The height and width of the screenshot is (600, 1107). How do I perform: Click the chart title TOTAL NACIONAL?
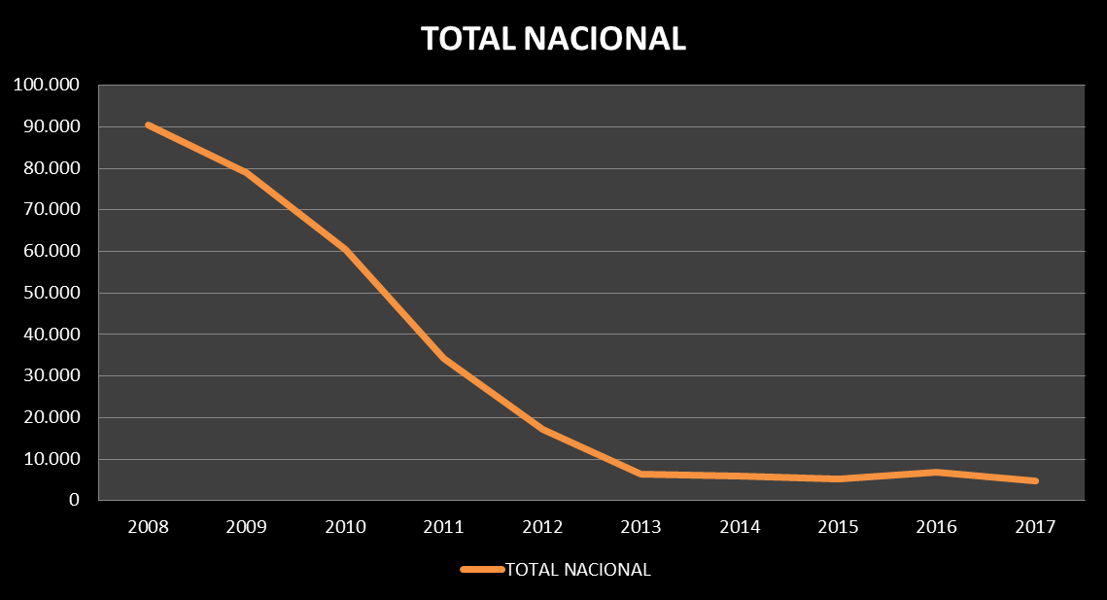[x=553, y=38]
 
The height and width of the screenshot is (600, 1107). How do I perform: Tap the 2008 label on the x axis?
[x=148, y=527]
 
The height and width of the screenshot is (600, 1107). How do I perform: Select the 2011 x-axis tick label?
[x=443, y=527]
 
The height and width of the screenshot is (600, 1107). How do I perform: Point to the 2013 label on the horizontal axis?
[x=640, y=527]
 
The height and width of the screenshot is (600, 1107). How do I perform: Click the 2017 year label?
[x=1035, y=527]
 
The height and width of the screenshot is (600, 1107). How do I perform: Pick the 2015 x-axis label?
[x=838, y=527]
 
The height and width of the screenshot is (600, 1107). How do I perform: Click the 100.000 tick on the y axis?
[x=46, y=86]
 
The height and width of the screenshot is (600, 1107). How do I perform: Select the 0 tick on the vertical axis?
[x=73, y=501]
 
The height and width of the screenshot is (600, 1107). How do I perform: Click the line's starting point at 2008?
[x=148, y=124]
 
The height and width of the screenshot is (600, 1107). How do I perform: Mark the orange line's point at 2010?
[x=345, y=249]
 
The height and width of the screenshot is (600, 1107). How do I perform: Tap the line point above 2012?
[x=542, y=428]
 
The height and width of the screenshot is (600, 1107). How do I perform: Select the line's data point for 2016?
[x=937, y=473]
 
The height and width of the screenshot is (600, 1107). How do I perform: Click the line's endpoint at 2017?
[x=1035, y=480]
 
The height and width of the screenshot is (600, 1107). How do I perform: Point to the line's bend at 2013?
[x=640, y=474]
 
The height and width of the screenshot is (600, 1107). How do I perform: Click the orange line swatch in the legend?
[x=482, y=570]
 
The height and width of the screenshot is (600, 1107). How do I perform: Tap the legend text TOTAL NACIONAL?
[x=578, y=570]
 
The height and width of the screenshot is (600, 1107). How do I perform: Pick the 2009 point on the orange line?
[x=247, y=173]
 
